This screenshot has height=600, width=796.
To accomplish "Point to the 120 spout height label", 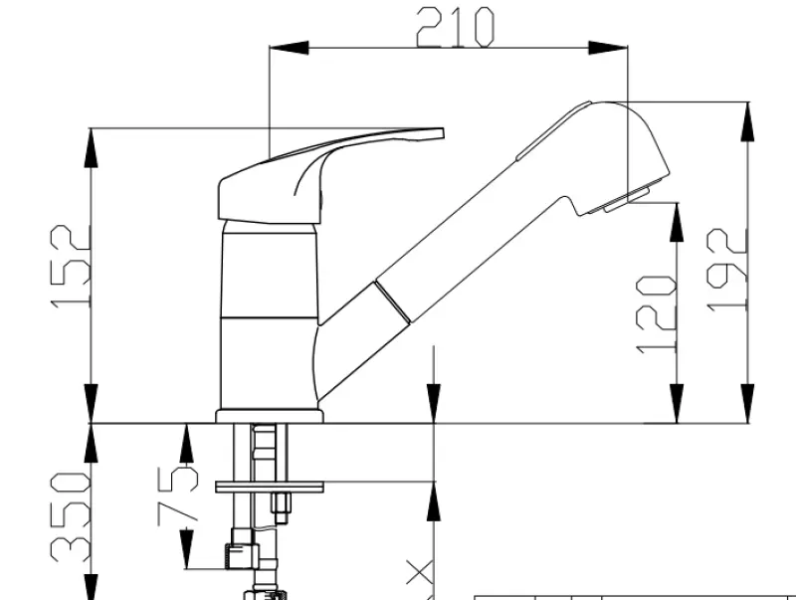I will tap(657, 313).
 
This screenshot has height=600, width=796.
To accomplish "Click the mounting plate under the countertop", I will tap(270, 487).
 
